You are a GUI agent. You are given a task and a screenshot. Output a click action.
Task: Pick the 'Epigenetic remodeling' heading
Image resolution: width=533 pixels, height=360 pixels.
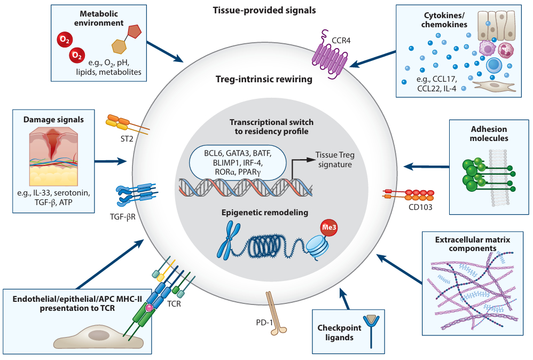click(265, 213)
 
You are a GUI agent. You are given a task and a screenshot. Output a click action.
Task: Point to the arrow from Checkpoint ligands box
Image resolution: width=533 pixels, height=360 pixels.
click(346, 299)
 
